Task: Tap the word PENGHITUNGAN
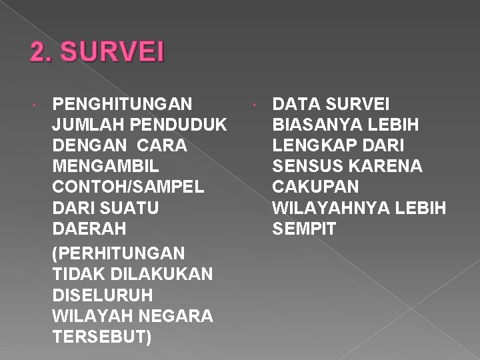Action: pos(123,104)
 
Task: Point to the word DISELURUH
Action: pos(101,295)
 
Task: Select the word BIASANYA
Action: pos(313,125)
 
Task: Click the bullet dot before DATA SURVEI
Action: pos(254,105)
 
